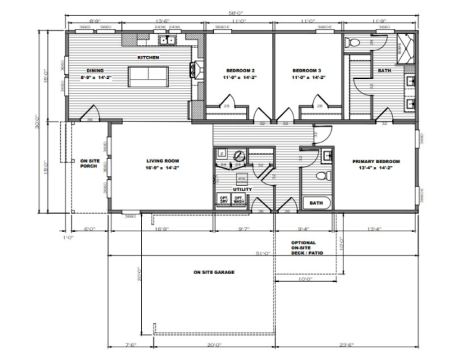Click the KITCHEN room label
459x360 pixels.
click(148, 58)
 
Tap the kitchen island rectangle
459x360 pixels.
click(148, 76)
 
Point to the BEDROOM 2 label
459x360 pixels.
click(240, 71)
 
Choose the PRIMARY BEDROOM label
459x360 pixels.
click(376, 161)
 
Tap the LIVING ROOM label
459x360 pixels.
click(163, 161)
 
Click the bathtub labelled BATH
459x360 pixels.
click(316, 203)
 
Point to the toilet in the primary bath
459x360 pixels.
click(322, 175)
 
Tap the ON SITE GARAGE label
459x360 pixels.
click(214, 272)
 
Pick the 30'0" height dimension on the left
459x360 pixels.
click(39, 121)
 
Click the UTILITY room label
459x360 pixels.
click(242, 189)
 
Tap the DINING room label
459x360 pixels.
click(95, 71)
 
